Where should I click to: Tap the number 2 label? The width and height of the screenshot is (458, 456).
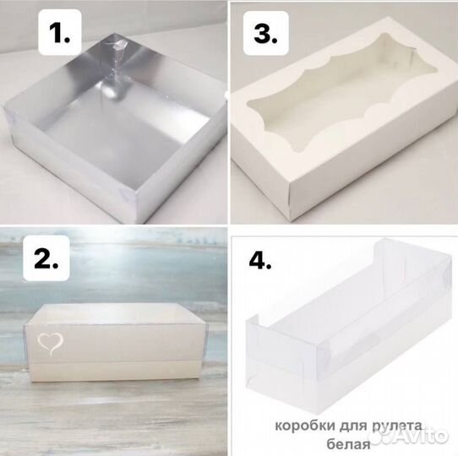point(46,258)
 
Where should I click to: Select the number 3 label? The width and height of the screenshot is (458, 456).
point(266,33)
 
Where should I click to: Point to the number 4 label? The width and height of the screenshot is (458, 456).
point(260,259)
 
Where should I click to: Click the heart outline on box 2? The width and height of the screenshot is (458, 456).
point(50,344)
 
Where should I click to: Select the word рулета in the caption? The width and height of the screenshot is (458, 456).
point(396,426)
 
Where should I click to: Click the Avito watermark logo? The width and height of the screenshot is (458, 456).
point(408,436)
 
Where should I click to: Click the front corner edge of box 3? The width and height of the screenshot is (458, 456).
point(289,203)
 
